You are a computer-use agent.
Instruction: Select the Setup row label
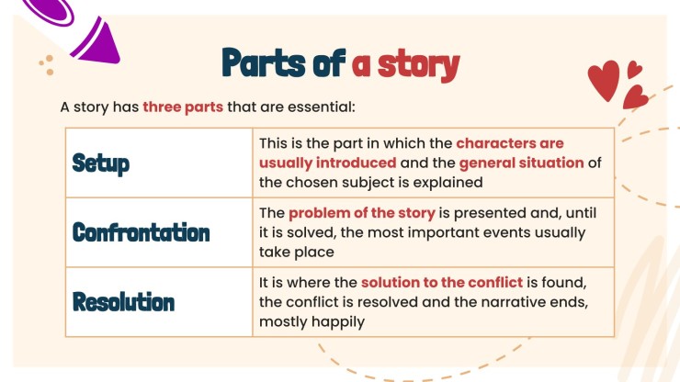coord(100,163)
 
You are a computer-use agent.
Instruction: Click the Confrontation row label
coord(141,232)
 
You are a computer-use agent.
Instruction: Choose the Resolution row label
coord(123,301)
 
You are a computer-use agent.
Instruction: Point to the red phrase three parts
coord(183,107)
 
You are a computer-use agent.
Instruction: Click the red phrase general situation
coord(521,163)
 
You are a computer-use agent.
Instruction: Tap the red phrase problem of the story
coord(362,213)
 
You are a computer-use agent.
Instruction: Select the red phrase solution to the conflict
coord(442,282)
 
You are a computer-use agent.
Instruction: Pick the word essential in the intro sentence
coord(322,107)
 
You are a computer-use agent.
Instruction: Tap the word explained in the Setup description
coord(448,182)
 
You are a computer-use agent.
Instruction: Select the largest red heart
coord(605,83)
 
